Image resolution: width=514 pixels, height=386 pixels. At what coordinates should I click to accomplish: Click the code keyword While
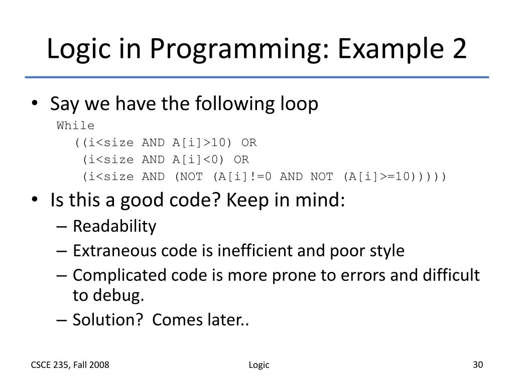tap(76, 126)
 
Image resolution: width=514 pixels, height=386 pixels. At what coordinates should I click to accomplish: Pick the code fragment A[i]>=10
tap(380, 177)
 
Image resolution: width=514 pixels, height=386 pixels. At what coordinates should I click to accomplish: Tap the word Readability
tap(114, 227)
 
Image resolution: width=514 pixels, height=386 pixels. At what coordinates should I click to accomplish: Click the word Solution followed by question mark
tap(106, 320)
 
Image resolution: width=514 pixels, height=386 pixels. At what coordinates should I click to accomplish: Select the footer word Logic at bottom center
tap(259, 365)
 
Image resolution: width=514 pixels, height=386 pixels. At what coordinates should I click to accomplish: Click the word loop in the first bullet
tap(299, 105)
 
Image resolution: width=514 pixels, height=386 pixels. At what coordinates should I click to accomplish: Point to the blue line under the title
tap(257, 77)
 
